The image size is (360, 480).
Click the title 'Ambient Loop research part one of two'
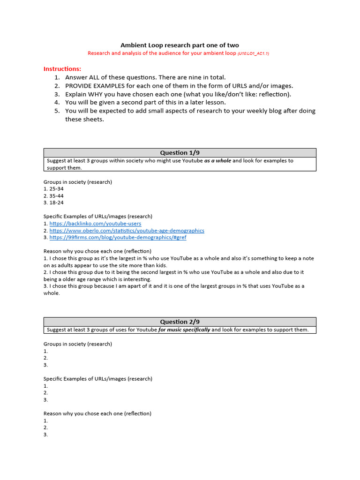[x=180, y=45]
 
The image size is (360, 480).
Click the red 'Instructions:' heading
[x=62, y=68]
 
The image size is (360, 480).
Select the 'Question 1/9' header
[x=180, y=153]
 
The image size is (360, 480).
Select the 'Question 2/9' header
[x=180, y=322]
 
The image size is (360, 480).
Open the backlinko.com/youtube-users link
[x=95, y=224]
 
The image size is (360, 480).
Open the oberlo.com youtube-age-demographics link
[x=127, y=231]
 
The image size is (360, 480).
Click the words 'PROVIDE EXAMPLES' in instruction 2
[x=93, y=86]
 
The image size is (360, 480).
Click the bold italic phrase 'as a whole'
[x=217, y=161]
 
